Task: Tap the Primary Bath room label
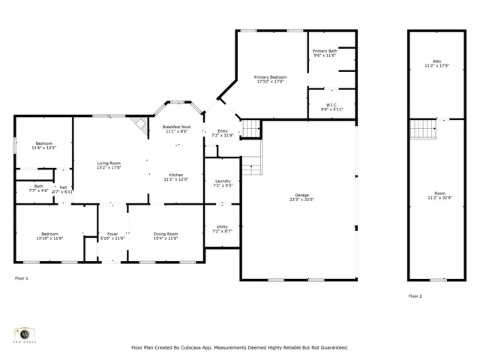(x=325, y=53)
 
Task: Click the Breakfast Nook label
(x=177, y=129)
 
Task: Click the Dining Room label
(x=166, y=236)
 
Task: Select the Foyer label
(x=112, y=236)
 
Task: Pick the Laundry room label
(x=223, y=182)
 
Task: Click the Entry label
(x=223, y=133)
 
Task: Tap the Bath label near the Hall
(x=38, y=188)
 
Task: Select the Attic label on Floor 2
(x=437, y=64)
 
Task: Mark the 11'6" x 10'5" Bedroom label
(x=43, y=145)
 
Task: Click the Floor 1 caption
(x=22, y=278)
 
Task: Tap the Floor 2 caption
(x=415, y=296)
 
